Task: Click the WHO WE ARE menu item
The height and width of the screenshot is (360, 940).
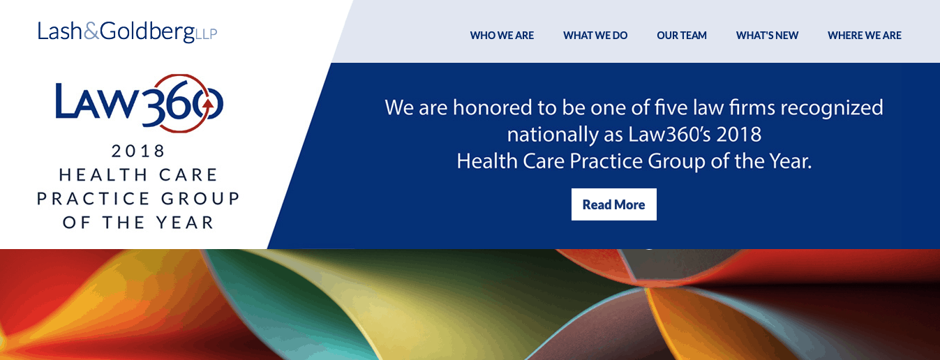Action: (502, 36)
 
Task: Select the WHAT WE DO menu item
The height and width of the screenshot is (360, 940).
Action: (595, 36)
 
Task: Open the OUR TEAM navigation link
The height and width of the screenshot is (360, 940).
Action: (682, 36)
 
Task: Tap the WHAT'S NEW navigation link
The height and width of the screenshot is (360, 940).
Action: (767, 36)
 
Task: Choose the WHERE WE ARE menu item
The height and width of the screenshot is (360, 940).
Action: (865, 36)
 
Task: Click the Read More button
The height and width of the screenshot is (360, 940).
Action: (614, 204)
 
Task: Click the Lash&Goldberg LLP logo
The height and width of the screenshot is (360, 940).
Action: (127, 31)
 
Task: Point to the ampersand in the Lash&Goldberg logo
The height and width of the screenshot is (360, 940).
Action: (91, 31)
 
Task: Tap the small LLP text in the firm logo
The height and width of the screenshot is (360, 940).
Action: (206, 34)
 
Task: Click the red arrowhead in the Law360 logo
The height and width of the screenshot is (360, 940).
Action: (207, 103)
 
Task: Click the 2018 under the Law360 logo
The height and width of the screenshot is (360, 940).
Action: (138, 151)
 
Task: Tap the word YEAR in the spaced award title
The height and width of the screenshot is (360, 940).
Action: (185, 223)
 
